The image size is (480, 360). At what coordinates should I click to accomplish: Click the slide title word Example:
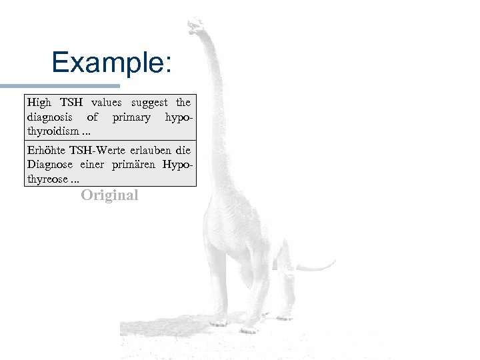pyautogui.click(x=111, y=63)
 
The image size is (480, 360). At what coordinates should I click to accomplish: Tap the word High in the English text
pyautogui.click(x=39, y=103)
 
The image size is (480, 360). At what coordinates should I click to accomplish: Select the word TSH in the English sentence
pyautogui.click(x=73, y=103)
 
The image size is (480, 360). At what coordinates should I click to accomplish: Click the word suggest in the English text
pyautogui.click(x=149, y=103)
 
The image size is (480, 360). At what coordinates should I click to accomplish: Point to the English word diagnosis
pyautogui.click(x=51, y=117)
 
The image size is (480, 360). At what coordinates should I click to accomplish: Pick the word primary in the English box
pyautogui.click(x=131, y=117)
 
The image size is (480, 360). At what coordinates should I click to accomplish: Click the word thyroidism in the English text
pyautogui.click(x=51, y=131)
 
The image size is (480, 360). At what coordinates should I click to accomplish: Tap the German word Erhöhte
pyautogui.click(x=45, y=151)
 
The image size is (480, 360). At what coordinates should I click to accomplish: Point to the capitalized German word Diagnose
pyautogui.click(x=51, y=165)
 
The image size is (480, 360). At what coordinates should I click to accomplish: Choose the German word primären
pyautogui.click(x=134, y=165)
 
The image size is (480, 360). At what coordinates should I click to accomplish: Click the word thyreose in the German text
pyautogui.click(x=47, y=179)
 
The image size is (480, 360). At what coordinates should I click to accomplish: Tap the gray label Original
pyautogui.click(x=109, y=195)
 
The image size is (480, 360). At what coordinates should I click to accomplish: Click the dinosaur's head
pyautogui.click(x=196, y=27)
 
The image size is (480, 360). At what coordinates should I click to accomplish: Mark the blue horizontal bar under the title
pyautogui.click(x=60, y=86)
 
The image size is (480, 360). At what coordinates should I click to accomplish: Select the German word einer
pyautogui.click(x=93, y=165)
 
